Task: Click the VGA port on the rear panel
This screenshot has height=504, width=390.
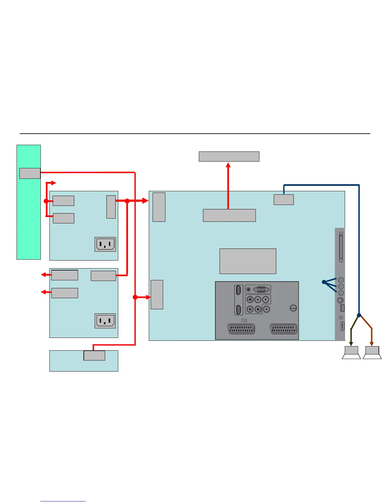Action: coord(262,290)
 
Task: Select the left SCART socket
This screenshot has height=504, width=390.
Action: coord(241,329)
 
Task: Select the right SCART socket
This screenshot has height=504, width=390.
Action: coord(283,329)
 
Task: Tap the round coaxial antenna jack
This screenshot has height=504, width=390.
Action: coord(293,308)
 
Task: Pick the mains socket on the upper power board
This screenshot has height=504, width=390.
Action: coord(105,244)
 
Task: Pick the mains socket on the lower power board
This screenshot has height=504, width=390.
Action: coord(105,321)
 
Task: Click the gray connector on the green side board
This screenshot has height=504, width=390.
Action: coord(30,173)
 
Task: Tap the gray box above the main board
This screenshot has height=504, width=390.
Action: coord(229,157)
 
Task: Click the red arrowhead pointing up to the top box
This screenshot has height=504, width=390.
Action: coord(228,165)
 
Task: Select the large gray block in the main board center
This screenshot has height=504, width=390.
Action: coord(248,261)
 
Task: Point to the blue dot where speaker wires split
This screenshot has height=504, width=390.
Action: coord(359,315)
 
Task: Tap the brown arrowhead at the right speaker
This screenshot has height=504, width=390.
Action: coord(372,344)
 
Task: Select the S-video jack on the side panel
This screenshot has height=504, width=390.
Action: coord(341,300)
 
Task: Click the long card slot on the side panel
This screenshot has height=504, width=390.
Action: coord(341,247)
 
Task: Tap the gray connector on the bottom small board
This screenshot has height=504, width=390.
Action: coord(94,355)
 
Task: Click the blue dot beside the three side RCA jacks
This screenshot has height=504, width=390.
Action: coord(324,282)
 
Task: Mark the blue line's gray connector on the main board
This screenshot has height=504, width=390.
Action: coord(284,199)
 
